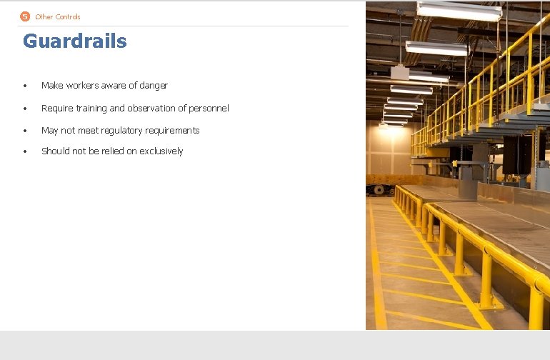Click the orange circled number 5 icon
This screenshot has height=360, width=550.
tap(25, 16)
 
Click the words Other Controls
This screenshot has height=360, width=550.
tap(58, 16)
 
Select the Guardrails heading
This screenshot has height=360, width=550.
tap(75, 41)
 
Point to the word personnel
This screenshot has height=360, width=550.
tap(207, 109)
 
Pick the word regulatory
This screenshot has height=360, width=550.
tap(124, 131)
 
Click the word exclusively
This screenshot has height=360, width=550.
tap(161, 151)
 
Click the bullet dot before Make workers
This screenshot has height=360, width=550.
tap(24, 86)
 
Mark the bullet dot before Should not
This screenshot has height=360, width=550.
tap(24, 152)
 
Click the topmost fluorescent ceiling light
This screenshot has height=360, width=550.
tap(459, 10)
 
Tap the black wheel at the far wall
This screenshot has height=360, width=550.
tap(378, 190)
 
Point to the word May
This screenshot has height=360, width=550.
tap(49, 131)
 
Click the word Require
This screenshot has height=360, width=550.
tap(57, 109)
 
